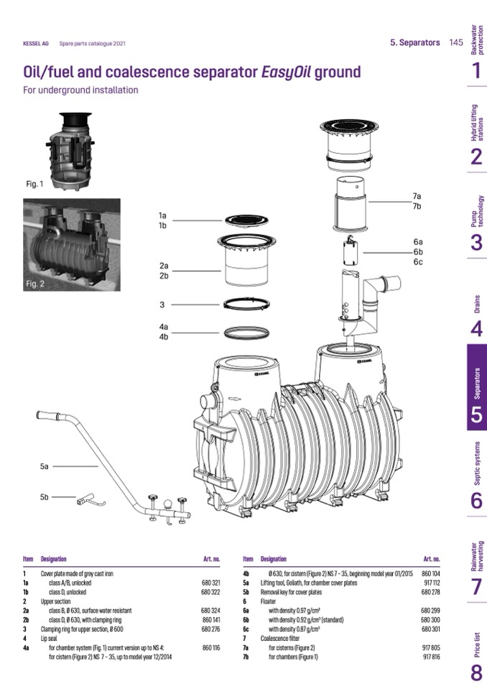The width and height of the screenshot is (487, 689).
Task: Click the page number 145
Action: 455,42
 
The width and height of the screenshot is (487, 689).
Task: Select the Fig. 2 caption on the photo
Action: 35,284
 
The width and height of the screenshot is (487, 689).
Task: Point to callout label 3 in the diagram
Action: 162,304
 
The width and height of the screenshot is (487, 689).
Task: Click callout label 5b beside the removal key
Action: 45,496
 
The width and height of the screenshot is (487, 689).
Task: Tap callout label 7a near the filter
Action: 417,196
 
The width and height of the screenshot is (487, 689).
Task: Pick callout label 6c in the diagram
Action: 417,262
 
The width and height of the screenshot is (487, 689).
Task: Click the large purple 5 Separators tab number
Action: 476,414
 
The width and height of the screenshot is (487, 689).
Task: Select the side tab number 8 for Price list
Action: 476,673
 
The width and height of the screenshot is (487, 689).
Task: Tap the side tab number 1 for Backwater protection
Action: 476,70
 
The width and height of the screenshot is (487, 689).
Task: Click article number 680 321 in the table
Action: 210,582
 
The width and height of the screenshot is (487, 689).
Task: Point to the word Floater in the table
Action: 269,601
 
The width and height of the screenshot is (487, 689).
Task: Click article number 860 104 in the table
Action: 430,573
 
